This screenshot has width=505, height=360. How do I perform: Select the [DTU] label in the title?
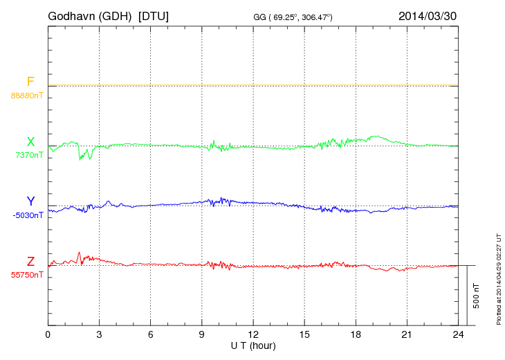154,15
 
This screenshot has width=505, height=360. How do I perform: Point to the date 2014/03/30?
427,15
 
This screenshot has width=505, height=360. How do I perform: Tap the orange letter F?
30,82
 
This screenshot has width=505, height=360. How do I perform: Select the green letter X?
30,142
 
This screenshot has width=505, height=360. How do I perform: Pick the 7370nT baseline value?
28,155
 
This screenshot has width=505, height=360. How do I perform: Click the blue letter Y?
30,201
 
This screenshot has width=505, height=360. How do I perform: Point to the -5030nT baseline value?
28,215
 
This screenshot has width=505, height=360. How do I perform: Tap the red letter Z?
30,262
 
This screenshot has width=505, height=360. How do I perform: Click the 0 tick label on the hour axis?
48,334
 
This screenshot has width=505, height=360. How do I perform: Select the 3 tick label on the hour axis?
99,334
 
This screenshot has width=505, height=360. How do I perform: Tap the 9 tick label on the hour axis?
201,334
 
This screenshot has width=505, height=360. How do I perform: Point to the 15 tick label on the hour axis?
304,334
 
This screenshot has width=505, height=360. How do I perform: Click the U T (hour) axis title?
253,345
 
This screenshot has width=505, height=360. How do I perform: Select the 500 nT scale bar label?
477,296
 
